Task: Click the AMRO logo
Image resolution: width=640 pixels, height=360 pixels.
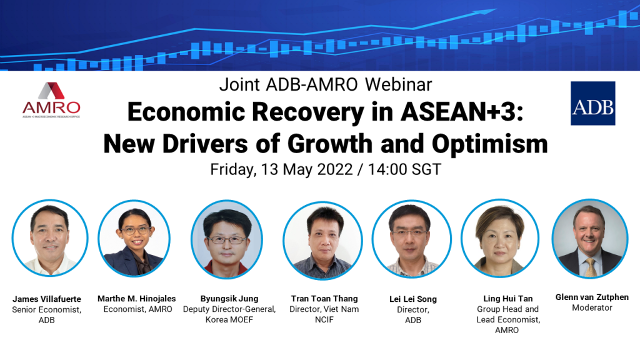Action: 51,100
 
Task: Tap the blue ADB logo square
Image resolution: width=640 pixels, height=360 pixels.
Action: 592,103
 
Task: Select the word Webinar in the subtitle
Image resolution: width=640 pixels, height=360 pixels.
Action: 398,84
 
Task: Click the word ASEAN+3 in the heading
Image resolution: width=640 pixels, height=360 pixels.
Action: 462,111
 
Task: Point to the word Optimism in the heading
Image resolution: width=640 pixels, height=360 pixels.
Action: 490,144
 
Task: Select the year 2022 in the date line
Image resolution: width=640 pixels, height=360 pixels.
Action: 335,169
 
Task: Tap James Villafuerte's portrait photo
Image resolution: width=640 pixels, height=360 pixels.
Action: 50,238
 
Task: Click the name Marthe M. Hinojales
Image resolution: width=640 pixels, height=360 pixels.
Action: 137,298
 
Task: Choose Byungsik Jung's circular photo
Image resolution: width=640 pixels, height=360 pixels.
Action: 227,239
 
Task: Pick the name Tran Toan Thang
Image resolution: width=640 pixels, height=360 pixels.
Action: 324,298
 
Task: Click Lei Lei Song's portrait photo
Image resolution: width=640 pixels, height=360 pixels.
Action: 411,239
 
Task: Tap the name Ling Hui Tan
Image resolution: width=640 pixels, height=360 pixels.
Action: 508,298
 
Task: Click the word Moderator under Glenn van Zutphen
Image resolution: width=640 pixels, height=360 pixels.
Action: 592,307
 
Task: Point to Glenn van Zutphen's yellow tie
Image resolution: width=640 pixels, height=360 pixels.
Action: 590,267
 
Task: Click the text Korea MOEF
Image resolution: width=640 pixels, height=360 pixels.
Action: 229,319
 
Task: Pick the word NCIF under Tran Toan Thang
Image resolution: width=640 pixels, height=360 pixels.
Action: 324,319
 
